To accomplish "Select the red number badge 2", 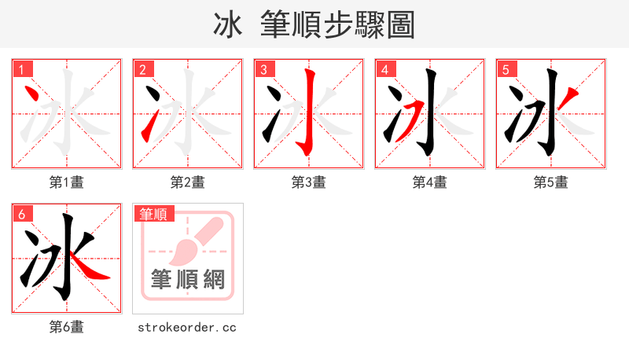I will (x=143, y=70).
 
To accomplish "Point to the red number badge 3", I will (x=265, y=70).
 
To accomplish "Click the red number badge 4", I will (x=385, y=70).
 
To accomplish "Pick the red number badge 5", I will (x=506, y=70).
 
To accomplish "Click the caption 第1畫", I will (x=66, y=182).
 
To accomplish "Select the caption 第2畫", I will (x=187, y=182).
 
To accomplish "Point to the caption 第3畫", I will (x=308, y=182).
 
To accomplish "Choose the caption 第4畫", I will (x=429, y=182).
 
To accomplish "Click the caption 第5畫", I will (x=550, y=182).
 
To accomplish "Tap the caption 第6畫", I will (x=66, y=327).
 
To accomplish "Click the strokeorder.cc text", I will (x=187, y=327).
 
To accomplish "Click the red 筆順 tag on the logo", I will (x=154, y=214).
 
